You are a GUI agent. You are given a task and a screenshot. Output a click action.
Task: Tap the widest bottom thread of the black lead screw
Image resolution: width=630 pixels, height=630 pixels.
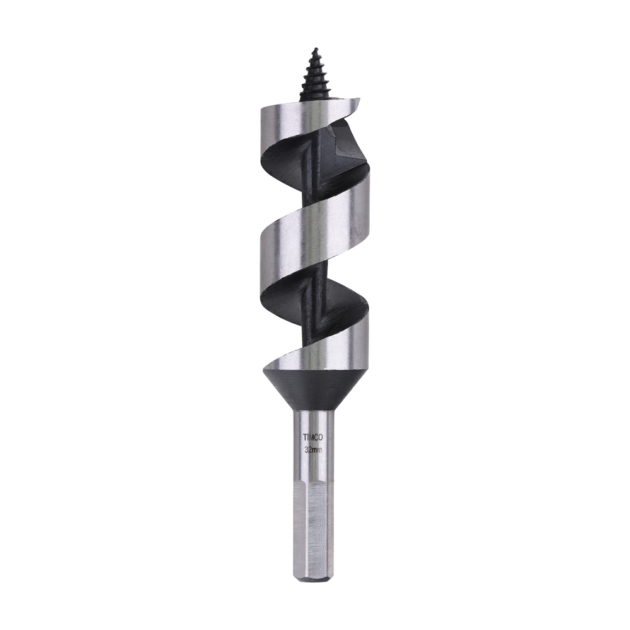314,94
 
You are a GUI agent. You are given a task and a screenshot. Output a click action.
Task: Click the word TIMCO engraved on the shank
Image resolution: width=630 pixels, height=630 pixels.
313,435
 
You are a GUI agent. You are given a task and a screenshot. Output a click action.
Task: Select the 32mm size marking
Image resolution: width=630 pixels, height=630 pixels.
313,450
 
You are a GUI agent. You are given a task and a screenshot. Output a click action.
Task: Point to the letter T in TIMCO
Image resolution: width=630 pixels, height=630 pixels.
304,435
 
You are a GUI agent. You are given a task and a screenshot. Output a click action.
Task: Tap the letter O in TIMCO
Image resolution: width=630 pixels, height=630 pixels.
322,435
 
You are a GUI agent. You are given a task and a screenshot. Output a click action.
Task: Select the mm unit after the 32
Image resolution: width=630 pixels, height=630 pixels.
318,450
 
